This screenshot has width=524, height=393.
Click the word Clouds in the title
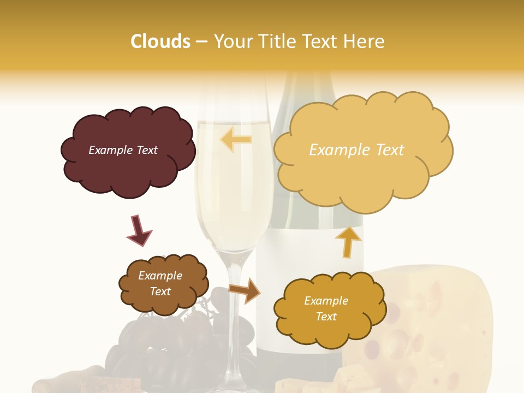coord(160,41)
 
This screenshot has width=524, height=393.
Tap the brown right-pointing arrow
coord(245,290)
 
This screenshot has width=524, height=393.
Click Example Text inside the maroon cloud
coord(123,150)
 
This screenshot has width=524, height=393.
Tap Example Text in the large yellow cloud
coord(356,150)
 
